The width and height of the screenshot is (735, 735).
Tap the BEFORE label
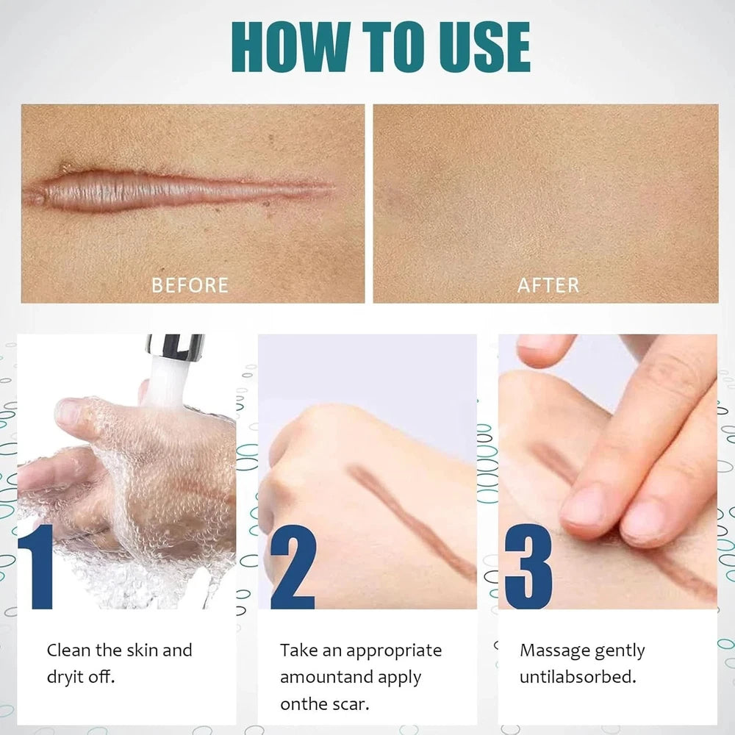(x=190, y=284)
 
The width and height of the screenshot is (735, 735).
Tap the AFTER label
(x=548, y=284)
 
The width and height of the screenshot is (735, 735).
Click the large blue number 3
(x=528, y=566)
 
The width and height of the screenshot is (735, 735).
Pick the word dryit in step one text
(x=66, y=677)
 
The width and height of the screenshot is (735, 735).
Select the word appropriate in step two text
(x=394, y=651)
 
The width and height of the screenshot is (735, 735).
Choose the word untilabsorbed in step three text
(x=577, y=677)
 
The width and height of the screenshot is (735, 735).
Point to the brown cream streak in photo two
(x=412, y=514)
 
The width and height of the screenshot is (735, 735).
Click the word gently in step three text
(x=619, y=651)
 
